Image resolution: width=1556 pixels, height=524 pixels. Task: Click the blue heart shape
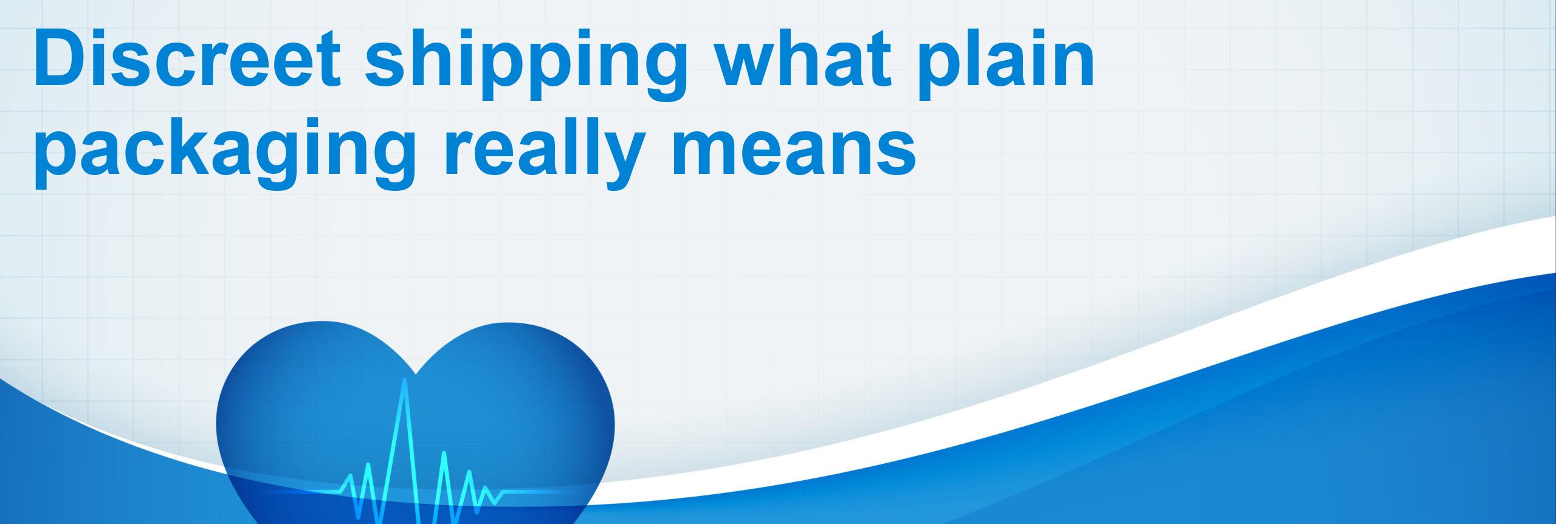[415, 426]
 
